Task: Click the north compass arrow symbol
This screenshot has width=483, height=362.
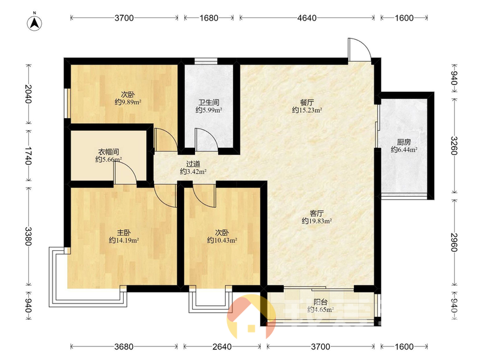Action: (34, 23)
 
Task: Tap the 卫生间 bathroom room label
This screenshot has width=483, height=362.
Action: (209, 102)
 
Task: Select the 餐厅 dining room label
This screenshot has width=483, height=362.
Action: (307, 102)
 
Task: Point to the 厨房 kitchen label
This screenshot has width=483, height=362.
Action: (404, 142)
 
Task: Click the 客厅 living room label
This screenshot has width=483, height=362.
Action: (316, 213)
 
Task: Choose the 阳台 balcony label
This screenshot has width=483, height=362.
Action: (321, 302)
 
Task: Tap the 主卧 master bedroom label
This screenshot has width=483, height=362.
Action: (124, 232)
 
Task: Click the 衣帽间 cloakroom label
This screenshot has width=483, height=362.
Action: (109, 152)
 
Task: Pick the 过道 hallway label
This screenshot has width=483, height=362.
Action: (193, 164)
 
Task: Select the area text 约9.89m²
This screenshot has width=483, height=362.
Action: (128, 102)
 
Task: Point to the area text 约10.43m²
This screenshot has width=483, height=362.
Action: (222, 240)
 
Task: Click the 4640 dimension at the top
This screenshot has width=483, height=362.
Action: (307, 18)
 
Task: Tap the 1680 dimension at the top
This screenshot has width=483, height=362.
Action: (209, 18)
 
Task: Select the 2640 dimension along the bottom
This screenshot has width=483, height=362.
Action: (222, 347)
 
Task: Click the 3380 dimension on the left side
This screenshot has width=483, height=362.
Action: (28, 237)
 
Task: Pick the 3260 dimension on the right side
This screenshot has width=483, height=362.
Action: (454, 145)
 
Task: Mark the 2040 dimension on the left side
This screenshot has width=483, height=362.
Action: (28, 94)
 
